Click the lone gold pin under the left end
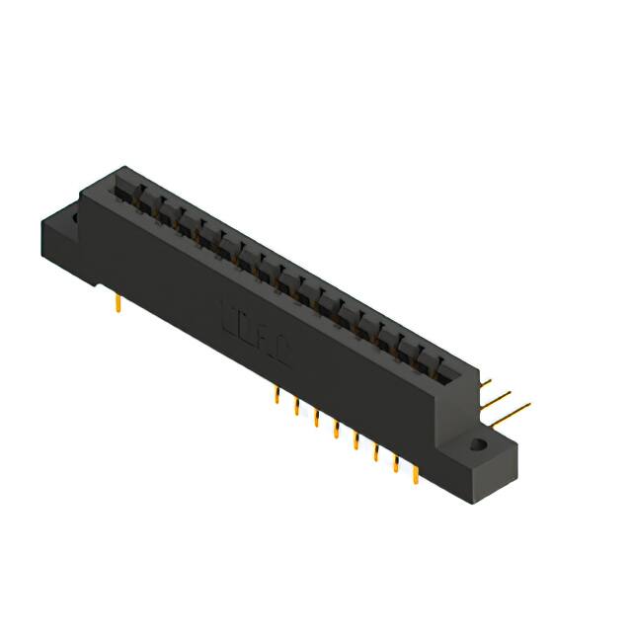[x=118, y=303]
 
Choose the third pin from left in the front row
[x=316, y=419]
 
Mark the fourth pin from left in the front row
[x=336, y=431]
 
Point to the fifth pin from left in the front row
[x=355, y=441]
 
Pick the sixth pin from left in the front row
[x=376, y=452]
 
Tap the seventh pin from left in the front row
[x=396, y=463]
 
